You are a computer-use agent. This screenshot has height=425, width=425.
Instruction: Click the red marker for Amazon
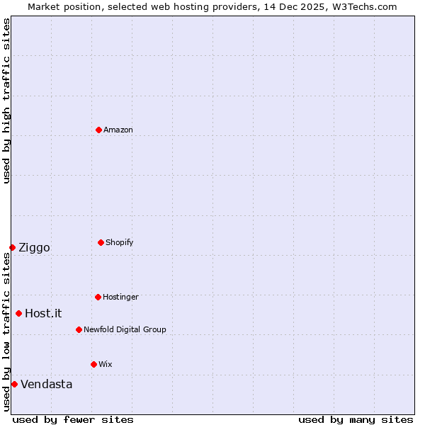pyautogui.click(x=98, y=130)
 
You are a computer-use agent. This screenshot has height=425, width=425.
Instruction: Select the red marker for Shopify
pyautogui.click(x=101, y=242)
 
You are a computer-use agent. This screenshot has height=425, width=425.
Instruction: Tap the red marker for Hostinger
pyautogui.click(x=98, y=297)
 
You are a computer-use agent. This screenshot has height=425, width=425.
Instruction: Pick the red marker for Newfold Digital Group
pyautogui.click(x=79, y=329)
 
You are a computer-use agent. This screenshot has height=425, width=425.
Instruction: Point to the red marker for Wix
pyautogui.click(x=93, y=364)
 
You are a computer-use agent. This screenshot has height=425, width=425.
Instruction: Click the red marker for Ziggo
pyautogui.click(x=12, y=247)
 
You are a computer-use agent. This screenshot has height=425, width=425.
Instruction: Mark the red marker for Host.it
pyautogui.click(x=18, y=313)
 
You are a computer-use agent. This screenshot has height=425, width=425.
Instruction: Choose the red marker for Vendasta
pyautogui.click(x=14, y=384)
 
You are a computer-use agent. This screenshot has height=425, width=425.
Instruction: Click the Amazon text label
pyautogui.click(x=118, y=130)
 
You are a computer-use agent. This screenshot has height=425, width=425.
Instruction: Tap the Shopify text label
pyautogui.click(x=120, y=242)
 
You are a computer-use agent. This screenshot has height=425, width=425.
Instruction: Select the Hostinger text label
pyautogui.click(x=120, y=297)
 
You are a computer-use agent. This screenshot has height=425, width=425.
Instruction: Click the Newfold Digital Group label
pyautogui.click(x=125, y=329)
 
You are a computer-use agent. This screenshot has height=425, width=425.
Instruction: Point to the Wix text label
pyautogui.click(x=106, y=364)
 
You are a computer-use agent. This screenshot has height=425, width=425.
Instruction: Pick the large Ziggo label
pyautogui.click(x=34, y=247)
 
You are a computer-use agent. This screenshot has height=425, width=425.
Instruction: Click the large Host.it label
pyautogui.click(x=43, y=313)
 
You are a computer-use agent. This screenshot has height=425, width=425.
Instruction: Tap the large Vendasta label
pyautogui.click(x=46, y=384)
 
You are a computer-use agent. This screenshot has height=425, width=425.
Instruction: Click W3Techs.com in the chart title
pyautogui.click(x=363, y=6)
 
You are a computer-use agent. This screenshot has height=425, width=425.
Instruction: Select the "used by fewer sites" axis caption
pyautogui.click(x=73, y=419)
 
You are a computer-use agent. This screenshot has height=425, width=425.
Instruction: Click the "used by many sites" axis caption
pyautogui.click(x=356, y=419)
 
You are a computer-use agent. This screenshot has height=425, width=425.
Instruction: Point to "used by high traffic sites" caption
pyautogui.click(x=6, y=101)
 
